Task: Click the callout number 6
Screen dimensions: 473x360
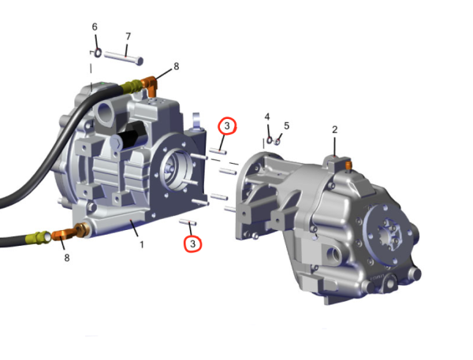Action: (95, 27)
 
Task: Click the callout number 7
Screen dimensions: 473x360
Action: (128, 36)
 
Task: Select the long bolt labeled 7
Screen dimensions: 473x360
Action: (124, 58)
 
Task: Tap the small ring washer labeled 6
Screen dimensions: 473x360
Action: (98, 53)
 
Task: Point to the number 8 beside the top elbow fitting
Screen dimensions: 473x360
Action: (176, 66)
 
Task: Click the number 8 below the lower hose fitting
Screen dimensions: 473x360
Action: (67, 258)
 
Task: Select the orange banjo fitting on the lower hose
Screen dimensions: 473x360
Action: (65, 233)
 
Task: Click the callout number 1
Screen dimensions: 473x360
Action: (141, 244)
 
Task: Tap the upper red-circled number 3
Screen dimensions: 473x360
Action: (227, 126)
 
